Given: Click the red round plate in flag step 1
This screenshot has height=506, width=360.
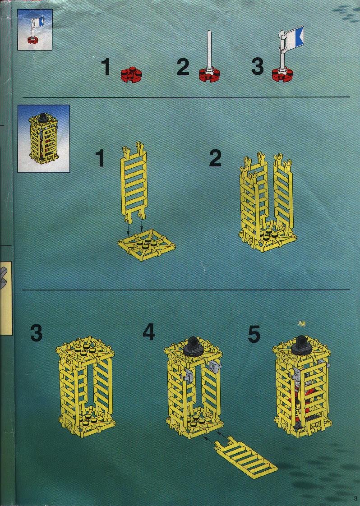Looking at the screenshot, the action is click(131, 74).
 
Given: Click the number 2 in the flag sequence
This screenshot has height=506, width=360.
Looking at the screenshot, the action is click(183, 67).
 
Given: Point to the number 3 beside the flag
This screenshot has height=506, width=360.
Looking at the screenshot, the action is click(257, 66).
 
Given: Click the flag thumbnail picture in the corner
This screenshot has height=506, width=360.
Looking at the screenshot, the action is click(35, 30).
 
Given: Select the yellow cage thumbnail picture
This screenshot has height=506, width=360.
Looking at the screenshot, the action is click(43, 138).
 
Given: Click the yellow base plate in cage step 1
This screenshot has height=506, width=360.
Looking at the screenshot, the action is click(147, 245).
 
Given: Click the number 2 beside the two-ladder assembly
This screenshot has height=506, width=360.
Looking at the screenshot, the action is click(216, 158).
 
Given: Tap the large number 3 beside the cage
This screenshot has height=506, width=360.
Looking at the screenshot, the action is click(36, 333).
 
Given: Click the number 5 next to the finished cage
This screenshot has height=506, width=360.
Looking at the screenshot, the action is click(254, 334).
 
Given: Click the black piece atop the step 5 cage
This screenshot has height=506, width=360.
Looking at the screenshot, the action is click(300, 346).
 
